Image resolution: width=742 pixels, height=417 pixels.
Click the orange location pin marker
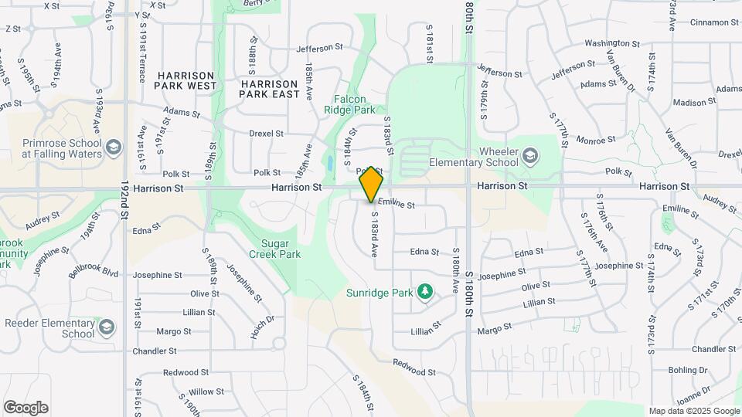pyautogui.click(x=372, y=184)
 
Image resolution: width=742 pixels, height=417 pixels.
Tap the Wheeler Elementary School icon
pyautogui.click(x=530, y=157)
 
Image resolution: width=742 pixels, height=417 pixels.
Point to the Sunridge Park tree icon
pyautogui.click(x=424, y=291)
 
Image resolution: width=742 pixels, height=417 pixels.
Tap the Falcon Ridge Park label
pyautogui.click(x=360, y=105)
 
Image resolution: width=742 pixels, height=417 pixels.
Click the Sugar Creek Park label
pyautogui.click(x=274, y=248)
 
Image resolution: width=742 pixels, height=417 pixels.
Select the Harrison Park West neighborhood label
pyautogui.click(x=185, y=80)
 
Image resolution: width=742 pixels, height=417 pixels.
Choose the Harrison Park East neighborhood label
pyautogui.click(x=269, y=88)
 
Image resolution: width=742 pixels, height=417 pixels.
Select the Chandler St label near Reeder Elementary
pyautogui.click(x=155, y=351)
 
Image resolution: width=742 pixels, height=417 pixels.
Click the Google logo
pyautogui.click(x=26, y=408)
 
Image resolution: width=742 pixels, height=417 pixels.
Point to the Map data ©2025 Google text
pyautogui.click(x=694, y=411)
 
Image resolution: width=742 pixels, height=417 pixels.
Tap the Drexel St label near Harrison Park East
pyautogui.click(x=267, y=133)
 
